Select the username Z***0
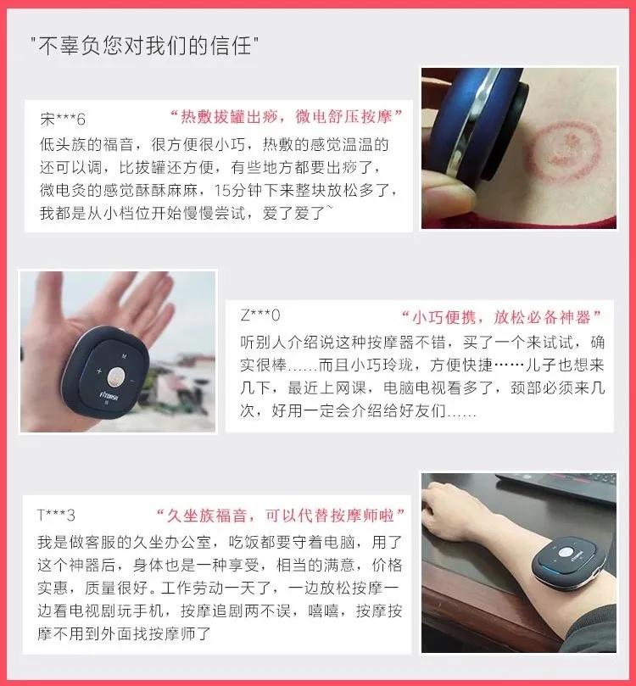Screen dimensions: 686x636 pos(260,316)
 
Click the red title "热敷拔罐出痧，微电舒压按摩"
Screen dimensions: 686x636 pos(285,115)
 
